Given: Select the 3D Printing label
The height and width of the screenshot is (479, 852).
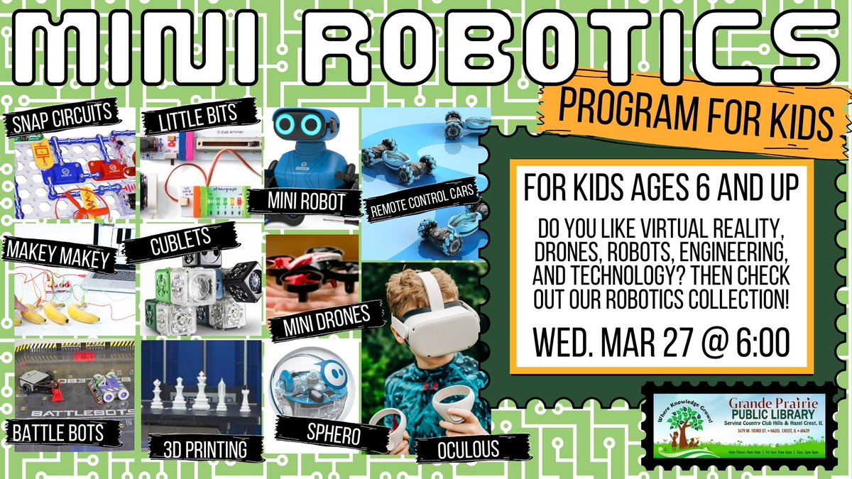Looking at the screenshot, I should pos(204,448).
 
